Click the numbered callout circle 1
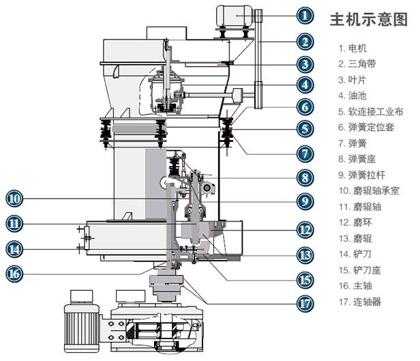pyautogui.click(x=307, y=13)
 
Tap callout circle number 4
pyautogui.click(x=307, y=85)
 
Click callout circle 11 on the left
pyautogui.click(x=14, y=222)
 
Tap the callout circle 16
pyautogui.click(x=14, y=274)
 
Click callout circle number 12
pyautogui.click(x=307, y=231)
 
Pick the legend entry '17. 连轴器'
pyautogui.click(x=360, y=301)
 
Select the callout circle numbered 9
pyautogui.click(x=307, y=201)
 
